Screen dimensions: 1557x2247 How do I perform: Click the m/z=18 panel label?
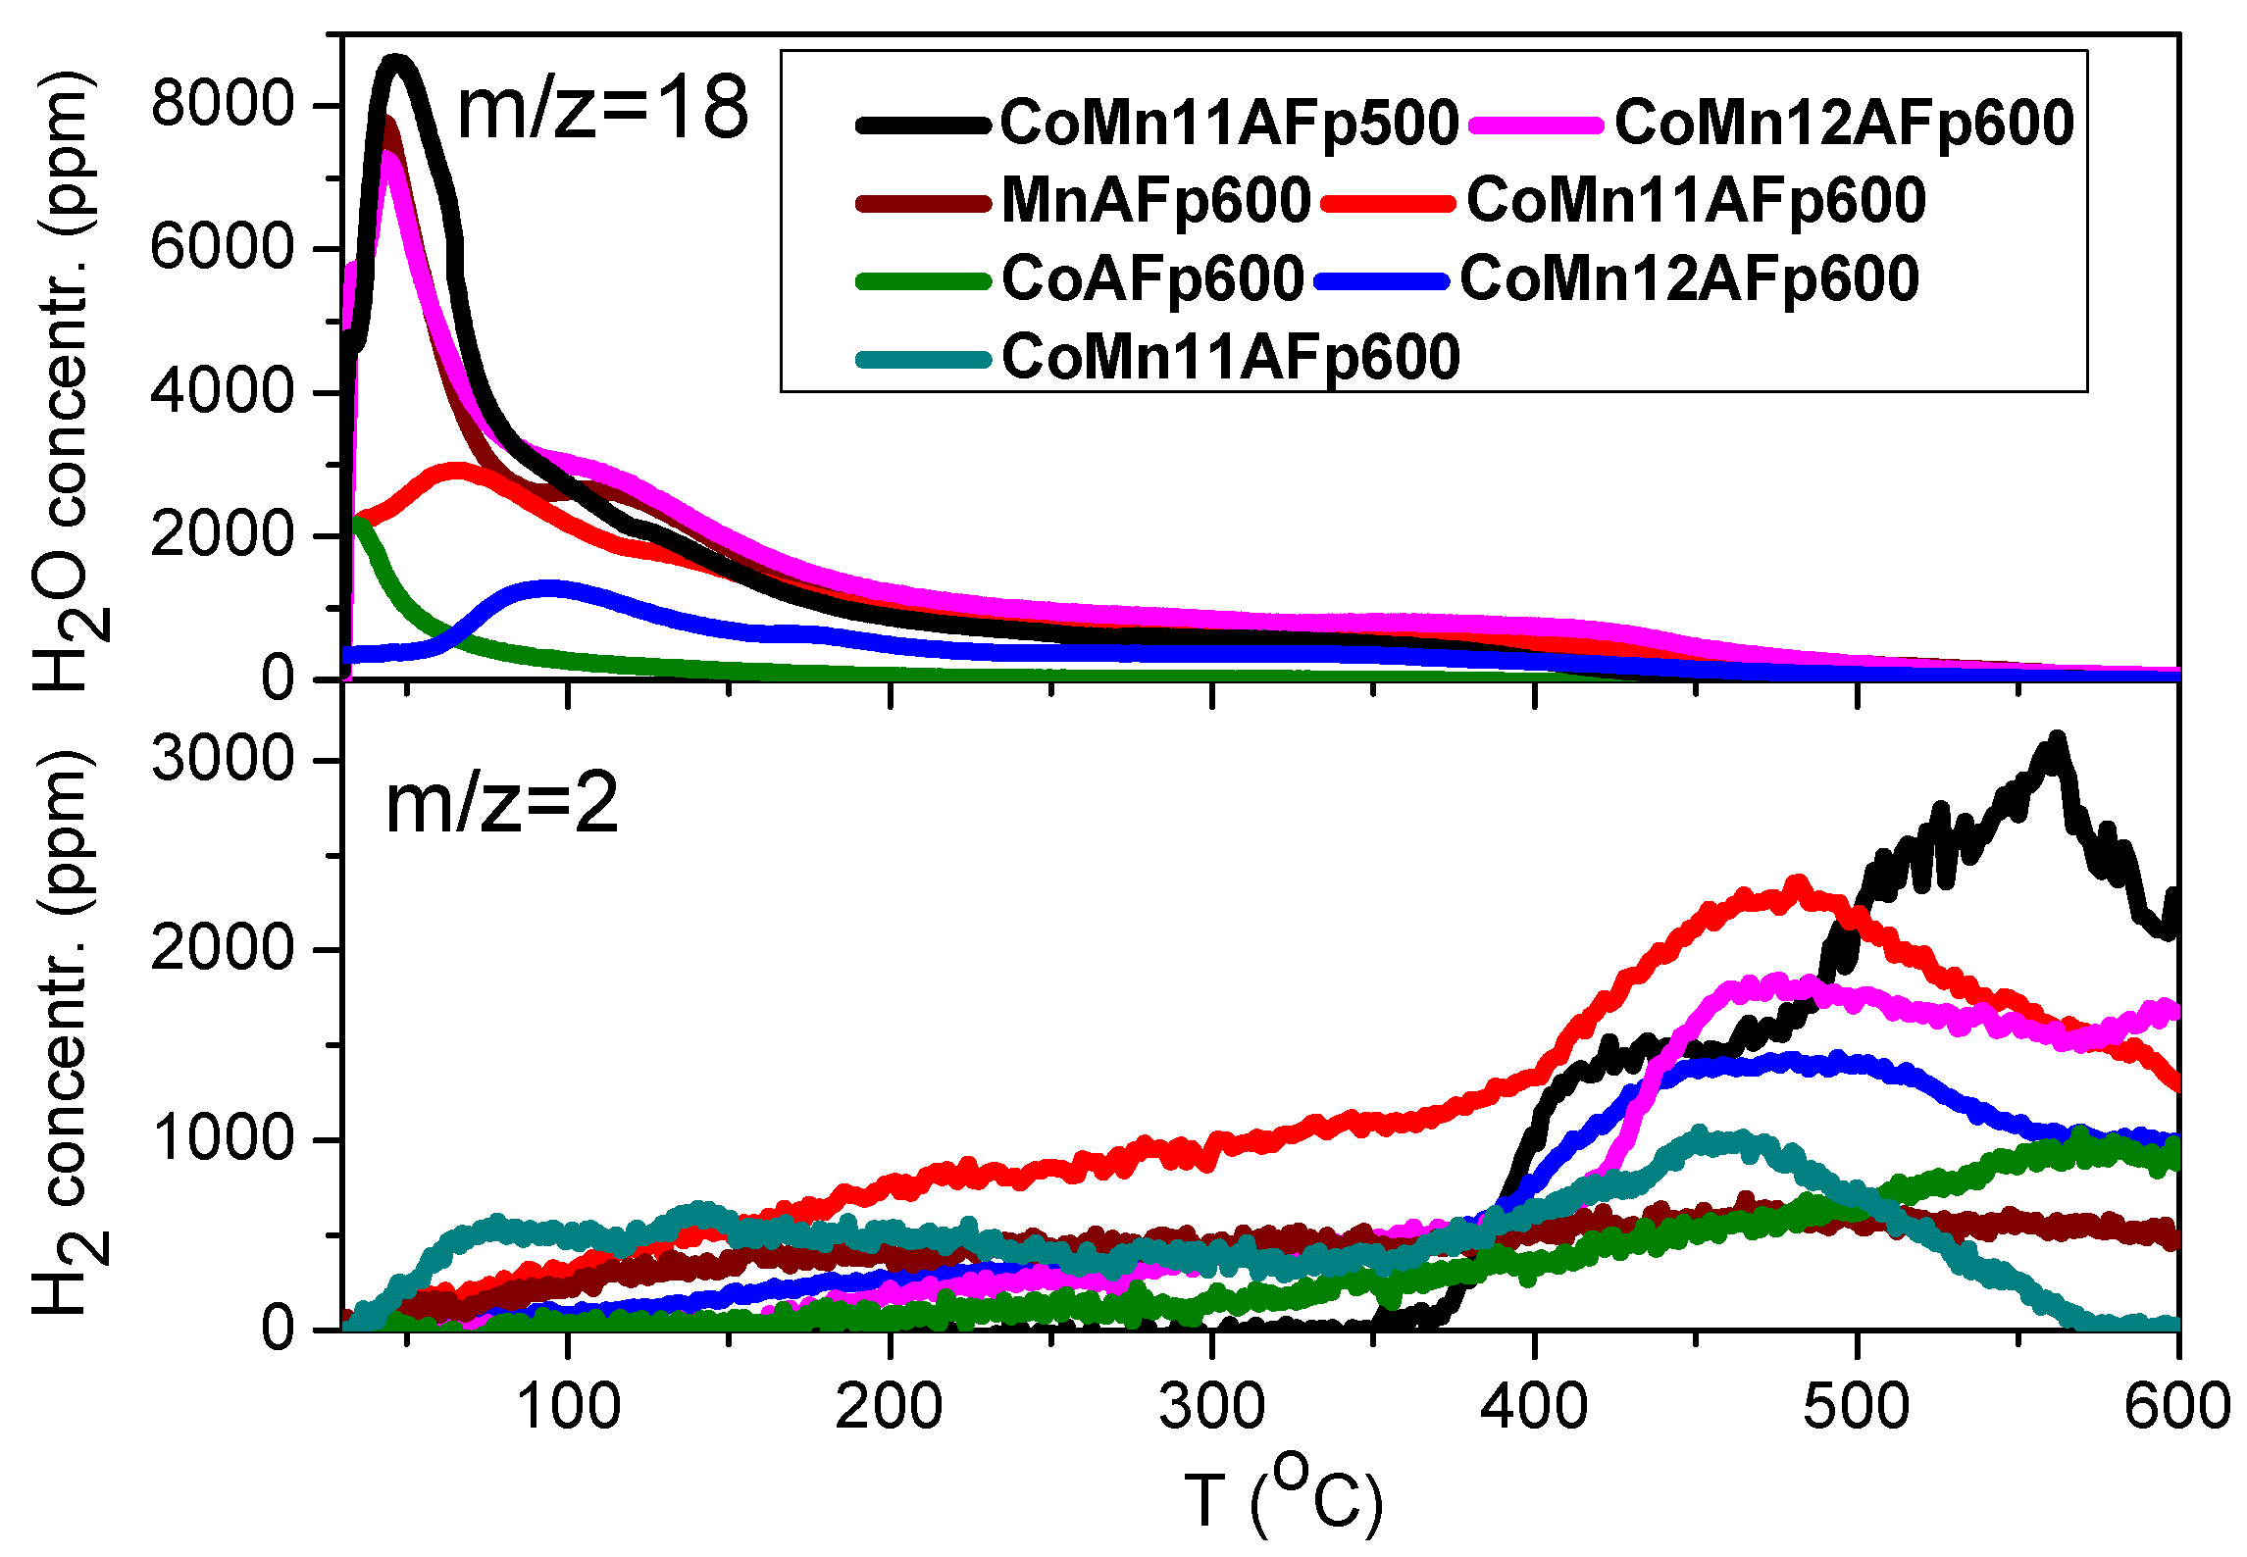coord(602,109)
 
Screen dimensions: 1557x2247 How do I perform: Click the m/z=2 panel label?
coord(501,804)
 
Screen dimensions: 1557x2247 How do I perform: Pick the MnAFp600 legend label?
coord(1155,201)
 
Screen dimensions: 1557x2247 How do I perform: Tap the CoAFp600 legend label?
coord(1152,279)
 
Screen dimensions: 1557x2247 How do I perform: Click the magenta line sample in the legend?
coord(1536,125)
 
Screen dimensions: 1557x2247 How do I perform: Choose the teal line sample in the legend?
coord(923,360)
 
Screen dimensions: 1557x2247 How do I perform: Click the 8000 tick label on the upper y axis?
coord(223,103)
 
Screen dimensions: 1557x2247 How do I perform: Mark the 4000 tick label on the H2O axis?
coord(223,391)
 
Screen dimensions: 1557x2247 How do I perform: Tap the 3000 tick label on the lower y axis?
coord(223,759)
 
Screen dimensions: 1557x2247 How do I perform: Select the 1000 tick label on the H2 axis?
coord(223,1138)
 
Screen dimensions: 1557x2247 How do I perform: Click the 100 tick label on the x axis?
coord(568,1407)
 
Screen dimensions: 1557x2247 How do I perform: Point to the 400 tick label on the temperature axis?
coord(1534,1407)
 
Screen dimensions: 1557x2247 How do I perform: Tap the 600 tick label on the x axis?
coord(2177,1407)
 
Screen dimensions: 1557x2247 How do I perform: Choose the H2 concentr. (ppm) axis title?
coord(69,1032)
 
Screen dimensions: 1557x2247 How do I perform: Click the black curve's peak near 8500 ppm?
coord(396,64)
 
